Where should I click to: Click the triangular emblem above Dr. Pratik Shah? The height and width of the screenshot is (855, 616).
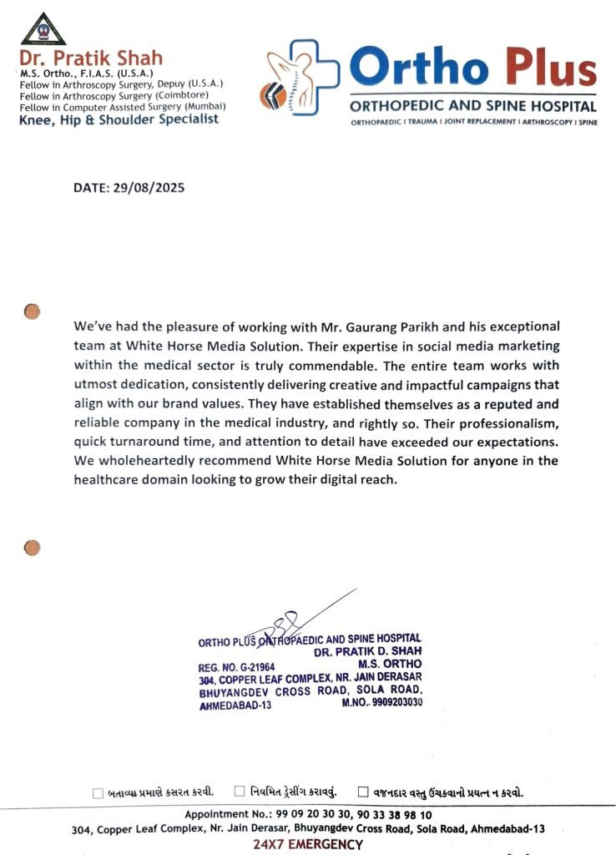43,29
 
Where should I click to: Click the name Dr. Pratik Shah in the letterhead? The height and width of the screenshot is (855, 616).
91,58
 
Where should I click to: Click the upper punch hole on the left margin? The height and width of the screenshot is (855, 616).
32,311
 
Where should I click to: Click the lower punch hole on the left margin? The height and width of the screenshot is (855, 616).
32,548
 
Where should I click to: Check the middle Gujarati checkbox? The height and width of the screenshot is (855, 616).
240,791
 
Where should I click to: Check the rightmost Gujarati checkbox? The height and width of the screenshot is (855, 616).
363,791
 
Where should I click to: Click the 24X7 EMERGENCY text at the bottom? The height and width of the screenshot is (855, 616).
308,844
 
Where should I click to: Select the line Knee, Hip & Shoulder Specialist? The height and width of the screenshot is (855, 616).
119,119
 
